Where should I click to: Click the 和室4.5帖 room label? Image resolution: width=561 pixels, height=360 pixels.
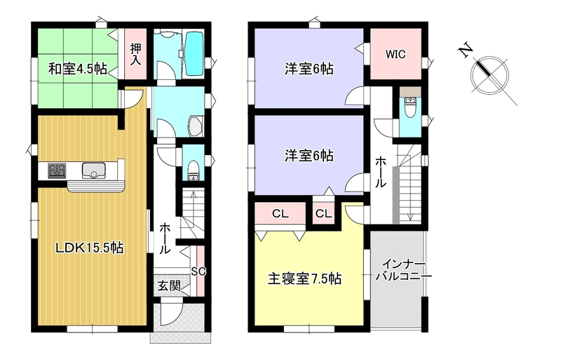(78, 69)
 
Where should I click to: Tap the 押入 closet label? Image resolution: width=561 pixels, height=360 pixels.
(135, 55)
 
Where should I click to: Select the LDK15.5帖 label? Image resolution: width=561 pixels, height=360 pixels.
(89, 248)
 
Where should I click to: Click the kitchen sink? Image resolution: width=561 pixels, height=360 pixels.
(94, 171)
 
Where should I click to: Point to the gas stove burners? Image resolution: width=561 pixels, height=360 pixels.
(57, 171)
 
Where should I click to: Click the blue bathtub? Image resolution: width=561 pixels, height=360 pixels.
(195, 53)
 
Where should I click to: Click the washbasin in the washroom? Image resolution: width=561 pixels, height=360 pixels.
(196, 126)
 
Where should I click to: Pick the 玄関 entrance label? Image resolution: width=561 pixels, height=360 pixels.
(168, 286)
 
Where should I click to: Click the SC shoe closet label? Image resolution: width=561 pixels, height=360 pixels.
(198, 272)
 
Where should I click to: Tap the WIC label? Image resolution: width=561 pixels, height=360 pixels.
(396, 55)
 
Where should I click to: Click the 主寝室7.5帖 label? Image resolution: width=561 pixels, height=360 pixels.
(304, 279)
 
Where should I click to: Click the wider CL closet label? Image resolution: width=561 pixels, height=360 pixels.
(280, 214)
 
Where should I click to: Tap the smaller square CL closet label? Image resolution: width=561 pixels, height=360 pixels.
(323, 214)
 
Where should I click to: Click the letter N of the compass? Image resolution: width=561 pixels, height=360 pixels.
(466, 50)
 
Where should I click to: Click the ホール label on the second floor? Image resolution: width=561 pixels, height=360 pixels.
(380, 172)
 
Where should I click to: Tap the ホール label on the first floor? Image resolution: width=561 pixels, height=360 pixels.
(165, 238)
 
